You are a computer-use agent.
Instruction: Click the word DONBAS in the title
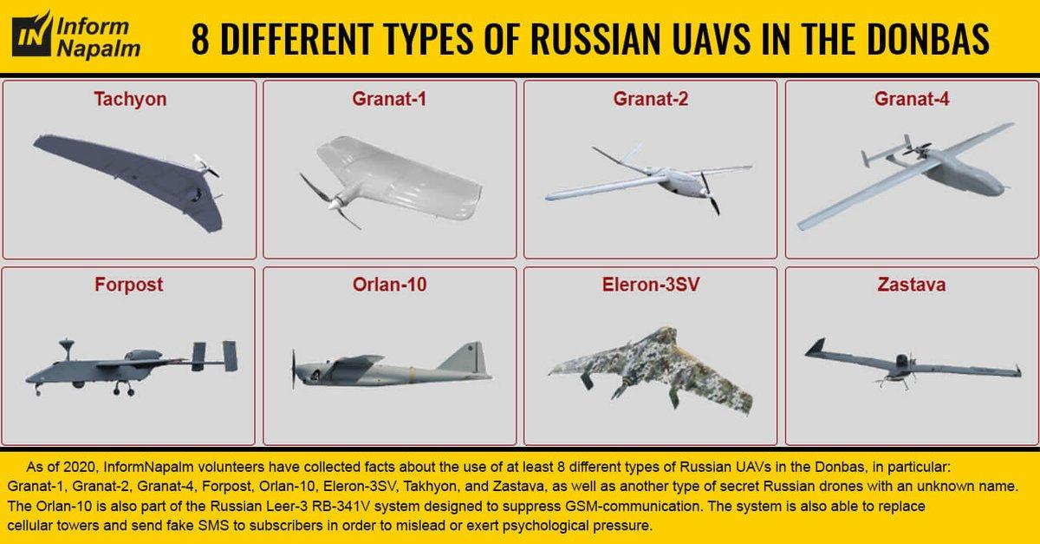point(927,40)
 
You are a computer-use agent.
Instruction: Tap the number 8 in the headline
point(200,40)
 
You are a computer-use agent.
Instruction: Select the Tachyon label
point(130,100)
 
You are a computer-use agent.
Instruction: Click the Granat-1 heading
point(389,99)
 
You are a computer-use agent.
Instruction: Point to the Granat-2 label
point(651,99)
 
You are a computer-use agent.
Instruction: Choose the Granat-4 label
point(912,99)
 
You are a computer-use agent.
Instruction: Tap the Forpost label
point(128,285)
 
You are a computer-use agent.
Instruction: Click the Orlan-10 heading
point(389,285)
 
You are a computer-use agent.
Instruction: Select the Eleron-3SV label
point(651,285)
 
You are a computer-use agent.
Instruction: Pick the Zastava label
point(912,285)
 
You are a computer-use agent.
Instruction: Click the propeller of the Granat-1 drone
point(328,201)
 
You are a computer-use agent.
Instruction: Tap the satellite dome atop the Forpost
point(67,344)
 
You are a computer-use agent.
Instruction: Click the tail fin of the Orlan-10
point(465,358)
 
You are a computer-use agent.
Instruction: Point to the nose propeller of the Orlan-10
point(294,370)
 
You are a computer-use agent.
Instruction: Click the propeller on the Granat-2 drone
point(711,193)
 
